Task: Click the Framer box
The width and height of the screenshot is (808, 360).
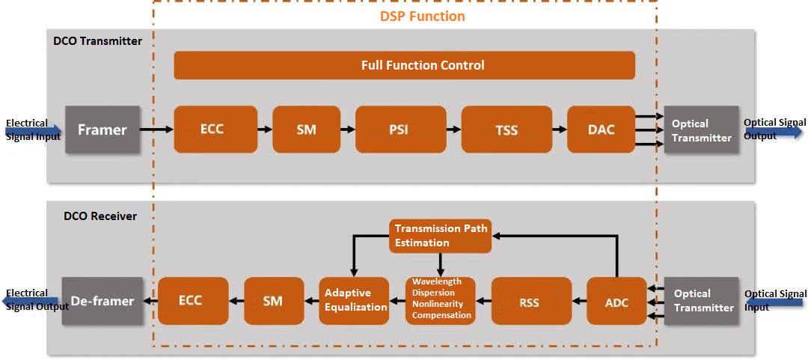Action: coord(102,130)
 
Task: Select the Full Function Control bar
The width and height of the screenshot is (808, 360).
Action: coord(404,65)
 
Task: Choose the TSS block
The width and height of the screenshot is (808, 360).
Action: coord(506,130)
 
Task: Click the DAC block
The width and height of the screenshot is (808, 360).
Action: coord(601,130)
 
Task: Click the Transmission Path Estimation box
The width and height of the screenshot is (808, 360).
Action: coord(441,236)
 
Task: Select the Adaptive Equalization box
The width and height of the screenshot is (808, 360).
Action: coord(355,300)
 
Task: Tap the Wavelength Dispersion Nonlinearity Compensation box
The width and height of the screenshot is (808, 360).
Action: coord(441,300)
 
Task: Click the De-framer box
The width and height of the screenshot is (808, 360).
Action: coord(102,301)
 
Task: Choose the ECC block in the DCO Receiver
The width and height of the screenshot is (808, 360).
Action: coord(190,301)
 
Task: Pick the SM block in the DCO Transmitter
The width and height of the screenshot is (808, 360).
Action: coord(306,130)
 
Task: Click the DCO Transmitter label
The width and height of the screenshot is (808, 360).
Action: coord(97,41)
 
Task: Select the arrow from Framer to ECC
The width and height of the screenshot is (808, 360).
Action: coord(156,130)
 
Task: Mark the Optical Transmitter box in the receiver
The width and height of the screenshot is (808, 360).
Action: coord(701,301)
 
